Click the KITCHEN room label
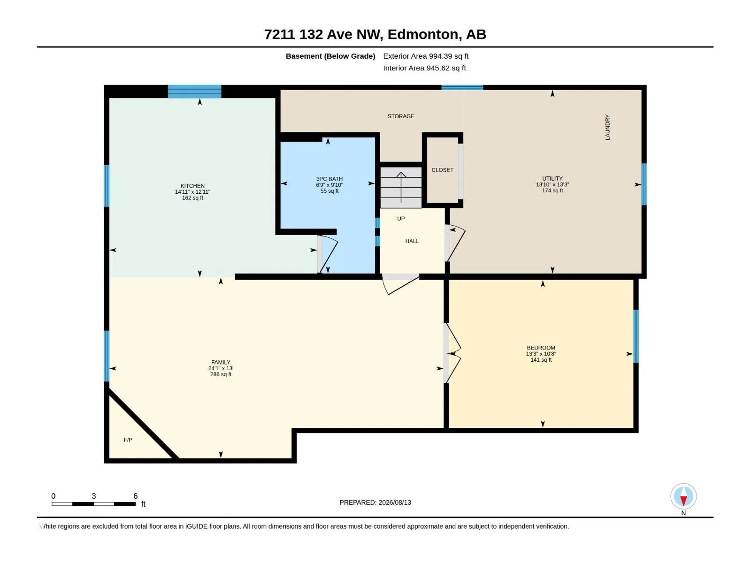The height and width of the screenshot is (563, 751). [192, 186]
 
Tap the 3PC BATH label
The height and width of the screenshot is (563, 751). [329, 179]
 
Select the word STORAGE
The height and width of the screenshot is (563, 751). [401, 116]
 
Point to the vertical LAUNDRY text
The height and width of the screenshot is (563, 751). [607, 127]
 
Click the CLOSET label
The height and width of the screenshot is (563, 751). [442, 170]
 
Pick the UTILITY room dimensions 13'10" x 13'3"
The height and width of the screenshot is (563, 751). [552, 184]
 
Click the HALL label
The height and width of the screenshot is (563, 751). [412, 241]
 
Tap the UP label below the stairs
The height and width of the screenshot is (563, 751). [401, 219]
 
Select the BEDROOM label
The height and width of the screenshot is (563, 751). [541, 348]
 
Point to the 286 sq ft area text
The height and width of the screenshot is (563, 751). [221, 374]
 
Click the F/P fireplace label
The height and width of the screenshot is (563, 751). [128, 440]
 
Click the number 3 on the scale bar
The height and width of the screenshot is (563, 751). [93, 495]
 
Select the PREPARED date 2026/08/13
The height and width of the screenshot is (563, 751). [394, 502]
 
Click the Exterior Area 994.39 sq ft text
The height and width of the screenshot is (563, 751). [426, 56]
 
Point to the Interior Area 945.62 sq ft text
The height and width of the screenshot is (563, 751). [424, 68]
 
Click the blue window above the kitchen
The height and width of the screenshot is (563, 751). [194, 91]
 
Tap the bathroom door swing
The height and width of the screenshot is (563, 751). [328, 254]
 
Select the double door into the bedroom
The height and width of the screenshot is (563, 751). [452, 353]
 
